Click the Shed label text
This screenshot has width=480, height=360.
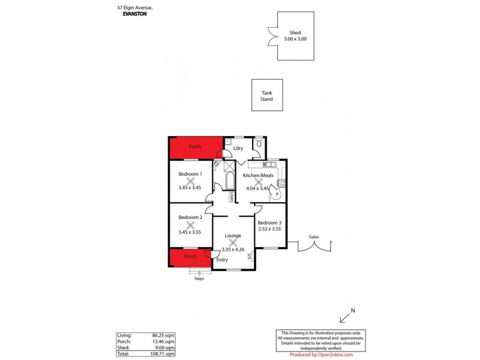tap(295, 33)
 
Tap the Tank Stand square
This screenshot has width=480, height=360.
tap(266, 95)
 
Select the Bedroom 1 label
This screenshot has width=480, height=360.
tap(190, 174)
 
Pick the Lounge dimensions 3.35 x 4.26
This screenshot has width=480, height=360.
tap(234, 249)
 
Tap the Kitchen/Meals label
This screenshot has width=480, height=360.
tap(259, 175)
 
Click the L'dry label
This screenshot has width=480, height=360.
tap(238, 148)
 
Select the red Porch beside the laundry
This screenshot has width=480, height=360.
tap(196, 147)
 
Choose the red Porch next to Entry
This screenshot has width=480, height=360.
tap(190, 257)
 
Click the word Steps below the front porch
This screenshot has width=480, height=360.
tap(199, 278)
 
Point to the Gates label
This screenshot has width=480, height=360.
tap(313, 236)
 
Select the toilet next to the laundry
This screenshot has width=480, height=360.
tap(258, 142)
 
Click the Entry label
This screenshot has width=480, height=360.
tap(222, 260)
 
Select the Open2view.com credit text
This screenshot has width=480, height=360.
tap(321, 355)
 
